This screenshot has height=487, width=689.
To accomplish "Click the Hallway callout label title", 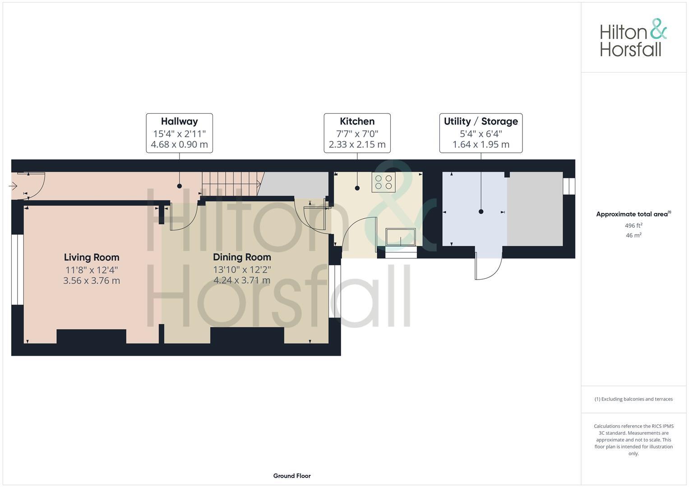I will tap(179, 121).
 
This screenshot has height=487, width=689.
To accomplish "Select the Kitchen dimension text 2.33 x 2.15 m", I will tap(357, 145).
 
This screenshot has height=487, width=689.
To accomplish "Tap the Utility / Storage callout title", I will tap(481, 121).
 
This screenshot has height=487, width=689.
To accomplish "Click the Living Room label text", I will tap(92, 257).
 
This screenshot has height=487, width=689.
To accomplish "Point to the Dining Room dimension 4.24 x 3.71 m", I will tap(242, 280).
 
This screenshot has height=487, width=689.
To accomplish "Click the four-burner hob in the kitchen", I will tap(383, 182).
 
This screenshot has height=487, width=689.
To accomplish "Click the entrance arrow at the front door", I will tap(13, 185).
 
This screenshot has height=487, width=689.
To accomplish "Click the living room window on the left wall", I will tap(17, 269).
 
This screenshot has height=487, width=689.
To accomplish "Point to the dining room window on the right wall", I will tap(334, 291).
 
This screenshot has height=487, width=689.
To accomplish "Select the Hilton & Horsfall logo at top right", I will tap(633, 37).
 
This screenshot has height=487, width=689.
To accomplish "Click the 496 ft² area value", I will tap(634, 225).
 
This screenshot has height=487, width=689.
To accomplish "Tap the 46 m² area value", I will tap(634, 235).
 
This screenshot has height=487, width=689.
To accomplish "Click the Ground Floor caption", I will tap(292, 476).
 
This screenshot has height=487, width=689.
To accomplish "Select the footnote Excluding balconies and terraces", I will tap(634, 399).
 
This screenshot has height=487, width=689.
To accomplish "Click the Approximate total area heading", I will tap(633, 214).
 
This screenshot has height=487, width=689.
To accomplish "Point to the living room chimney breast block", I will tap(91, 336).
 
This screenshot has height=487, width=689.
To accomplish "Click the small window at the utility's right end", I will tap(569, 186).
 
